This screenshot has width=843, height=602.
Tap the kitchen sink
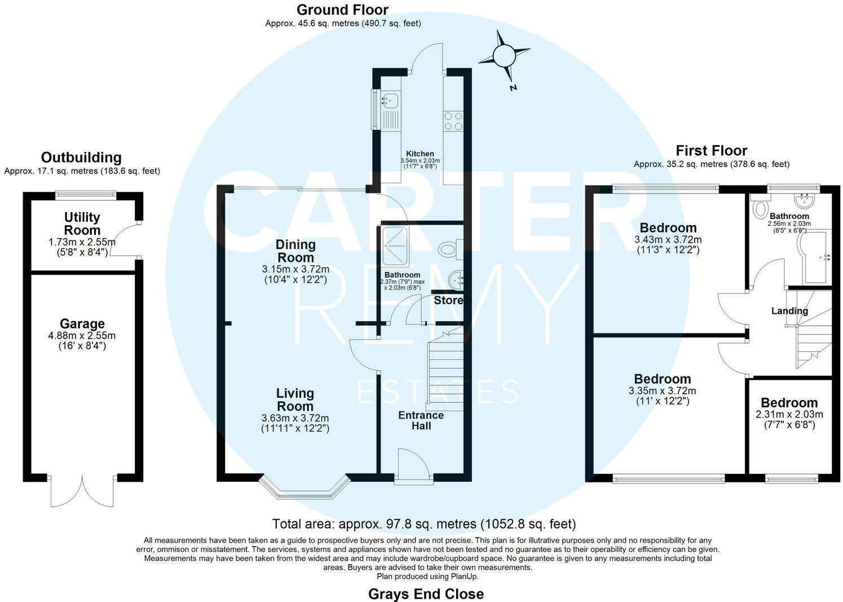(x=390, y=101)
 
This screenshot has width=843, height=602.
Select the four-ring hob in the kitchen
(x=453, y=121)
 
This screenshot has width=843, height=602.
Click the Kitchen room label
(x=420, y=153)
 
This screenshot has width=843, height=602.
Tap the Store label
(x=448, y=300)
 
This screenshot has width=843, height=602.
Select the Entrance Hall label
(x=421, y=420)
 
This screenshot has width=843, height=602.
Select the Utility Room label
(x=82, y=223)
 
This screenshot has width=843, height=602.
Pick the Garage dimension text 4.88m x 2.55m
(x=82, y=336)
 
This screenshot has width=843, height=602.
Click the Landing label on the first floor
(x=789, y=311)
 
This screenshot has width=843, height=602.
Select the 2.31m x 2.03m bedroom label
(x=789, y=414)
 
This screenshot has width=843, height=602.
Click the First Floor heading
(x=711, y=151)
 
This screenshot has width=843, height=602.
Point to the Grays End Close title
(x=426, y=594)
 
